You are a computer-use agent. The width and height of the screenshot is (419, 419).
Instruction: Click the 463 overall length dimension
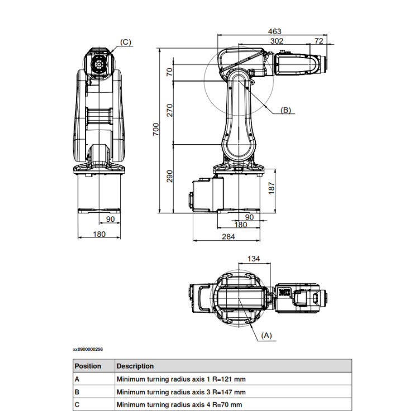[274, 31]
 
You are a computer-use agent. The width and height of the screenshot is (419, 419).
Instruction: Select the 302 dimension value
[276, 41]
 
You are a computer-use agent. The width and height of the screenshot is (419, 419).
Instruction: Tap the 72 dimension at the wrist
[319, 41]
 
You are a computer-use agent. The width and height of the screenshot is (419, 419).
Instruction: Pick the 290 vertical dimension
[170, 177]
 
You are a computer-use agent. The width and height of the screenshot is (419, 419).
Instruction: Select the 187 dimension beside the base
[272, 189]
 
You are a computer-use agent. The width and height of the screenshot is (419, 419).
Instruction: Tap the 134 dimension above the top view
[253, 258]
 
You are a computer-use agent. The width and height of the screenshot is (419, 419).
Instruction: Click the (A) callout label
[266, 335]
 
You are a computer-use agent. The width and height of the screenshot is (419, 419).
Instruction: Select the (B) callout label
[285, 110]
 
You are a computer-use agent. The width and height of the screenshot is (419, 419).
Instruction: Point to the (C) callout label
[125, 42]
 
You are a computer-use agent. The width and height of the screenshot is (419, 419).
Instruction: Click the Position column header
[88, 366]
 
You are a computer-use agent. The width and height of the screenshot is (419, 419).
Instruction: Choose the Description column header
[135, 366]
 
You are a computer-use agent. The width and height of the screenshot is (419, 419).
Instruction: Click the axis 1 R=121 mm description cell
[180, 379]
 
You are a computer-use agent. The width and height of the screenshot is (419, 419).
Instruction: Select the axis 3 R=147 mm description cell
[180, 392]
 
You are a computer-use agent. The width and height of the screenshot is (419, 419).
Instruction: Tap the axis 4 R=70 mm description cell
[179, 404]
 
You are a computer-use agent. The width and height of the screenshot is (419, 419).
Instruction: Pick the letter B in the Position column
[77, 392]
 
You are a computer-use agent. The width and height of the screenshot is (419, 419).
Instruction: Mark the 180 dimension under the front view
[99, 234]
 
